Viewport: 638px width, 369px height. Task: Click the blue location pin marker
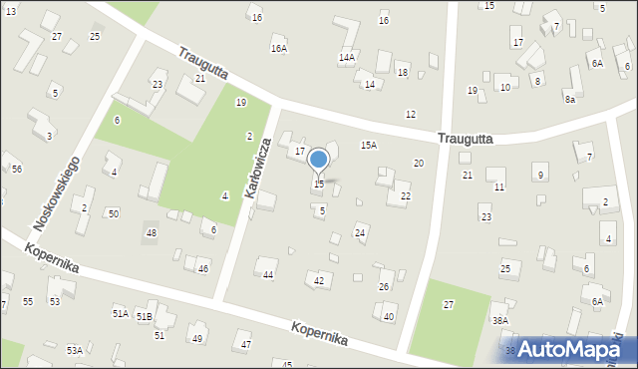(319, 161)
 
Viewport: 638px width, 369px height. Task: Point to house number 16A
(278, 48)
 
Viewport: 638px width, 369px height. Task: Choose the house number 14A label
(347, 58)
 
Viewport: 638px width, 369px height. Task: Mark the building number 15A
(369, 146)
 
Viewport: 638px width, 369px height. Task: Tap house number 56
(17, 169)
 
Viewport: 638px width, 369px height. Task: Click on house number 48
(152, 233)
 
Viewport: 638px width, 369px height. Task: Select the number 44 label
(268, 274)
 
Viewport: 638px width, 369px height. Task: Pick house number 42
(319, 280)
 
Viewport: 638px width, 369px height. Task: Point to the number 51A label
(120, 314)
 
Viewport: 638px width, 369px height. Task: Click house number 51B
(145, 316)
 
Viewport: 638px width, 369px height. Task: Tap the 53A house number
(75, 350)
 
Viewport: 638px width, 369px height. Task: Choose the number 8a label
(570, 100)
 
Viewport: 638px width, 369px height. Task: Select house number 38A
(500, 320)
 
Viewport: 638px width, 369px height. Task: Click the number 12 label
(410, 116)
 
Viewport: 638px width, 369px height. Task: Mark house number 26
(384, 287)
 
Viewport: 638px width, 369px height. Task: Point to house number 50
(114, 213)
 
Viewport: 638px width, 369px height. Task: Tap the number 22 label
(406, 196)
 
